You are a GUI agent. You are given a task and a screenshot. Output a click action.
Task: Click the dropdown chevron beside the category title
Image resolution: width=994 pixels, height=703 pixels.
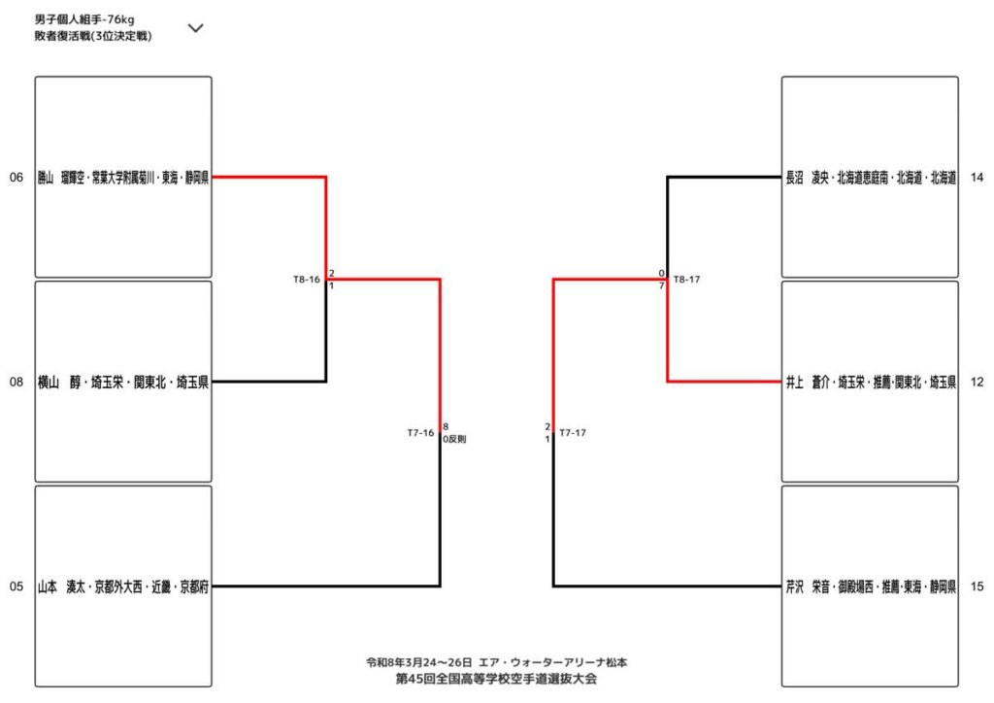click(195, 28)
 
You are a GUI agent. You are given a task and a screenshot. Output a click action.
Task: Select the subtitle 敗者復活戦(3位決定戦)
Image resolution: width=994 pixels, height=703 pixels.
click(92, 36)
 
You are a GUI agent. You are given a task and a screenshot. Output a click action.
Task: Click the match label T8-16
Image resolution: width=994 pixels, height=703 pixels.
click(307, 280)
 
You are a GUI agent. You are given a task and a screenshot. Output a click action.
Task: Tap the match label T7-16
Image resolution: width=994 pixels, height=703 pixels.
click(420, 433)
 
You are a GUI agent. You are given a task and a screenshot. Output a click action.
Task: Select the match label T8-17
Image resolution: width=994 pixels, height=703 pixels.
click(686, 280)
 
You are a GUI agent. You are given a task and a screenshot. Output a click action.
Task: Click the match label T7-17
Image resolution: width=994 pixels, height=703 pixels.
click(573, 433)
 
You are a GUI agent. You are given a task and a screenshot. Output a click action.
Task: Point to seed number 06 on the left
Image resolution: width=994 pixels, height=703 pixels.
click(17, 178)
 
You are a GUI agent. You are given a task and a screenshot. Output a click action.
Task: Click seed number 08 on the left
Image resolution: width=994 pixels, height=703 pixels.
click(17, 383)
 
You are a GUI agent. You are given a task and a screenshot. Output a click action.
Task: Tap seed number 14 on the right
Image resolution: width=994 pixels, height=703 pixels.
click(977, 178)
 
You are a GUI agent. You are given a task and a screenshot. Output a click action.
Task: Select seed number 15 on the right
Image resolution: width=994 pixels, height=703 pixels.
click(977, 586)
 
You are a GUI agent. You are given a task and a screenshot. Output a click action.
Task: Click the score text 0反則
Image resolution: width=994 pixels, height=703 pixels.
click(454, 440)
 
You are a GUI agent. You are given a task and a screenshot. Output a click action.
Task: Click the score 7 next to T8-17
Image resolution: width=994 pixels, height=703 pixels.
click(661, 285)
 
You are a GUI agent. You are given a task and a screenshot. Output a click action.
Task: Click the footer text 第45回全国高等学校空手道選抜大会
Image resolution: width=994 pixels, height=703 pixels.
click(496, 679)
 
